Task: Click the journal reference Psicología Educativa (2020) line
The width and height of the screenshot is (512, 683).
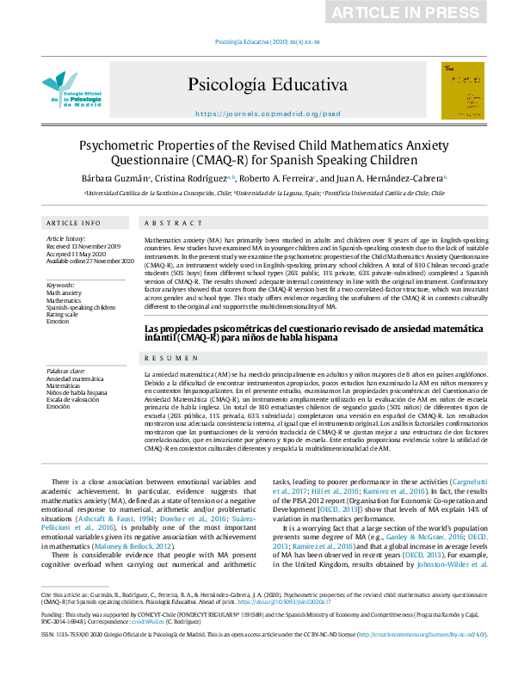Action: [x=256, y=40]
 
